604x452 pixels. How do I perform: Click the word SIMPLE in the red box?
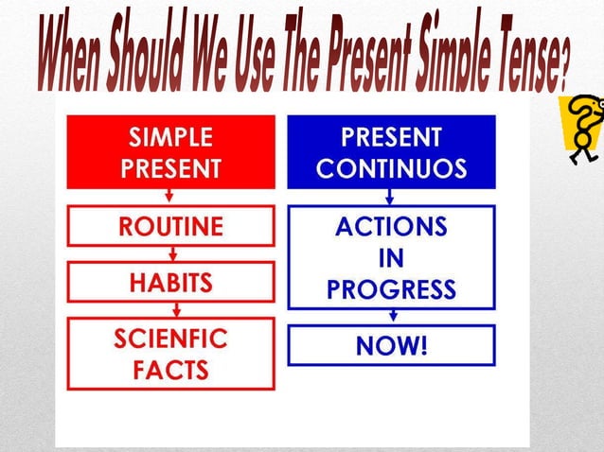click(x=170, y=137)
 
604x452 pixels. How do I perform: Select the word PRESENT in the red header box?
click(x=170, y=168)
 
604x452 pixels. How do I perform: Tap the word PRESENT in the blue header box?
click(x=391, y=137)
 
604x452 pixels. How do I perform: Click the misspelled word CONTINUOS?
click(x=391, y=168)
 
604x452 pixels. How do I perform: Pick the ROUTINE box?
click(x=170, y=227)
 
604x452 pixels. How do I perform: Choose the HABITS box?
click(x=170, y=282)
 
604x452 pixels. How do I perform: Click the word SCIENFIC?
click(x=170, y=338)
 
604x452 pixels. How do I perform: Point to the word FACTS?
click(x=170, y=369)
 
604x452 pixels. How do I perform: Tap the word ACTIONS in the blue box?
click(x=391, y=227)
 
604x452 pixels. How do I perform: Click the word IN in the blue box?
click(x=391, y=257)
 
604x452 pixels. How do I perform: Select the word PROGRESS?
click(x=391, y=288)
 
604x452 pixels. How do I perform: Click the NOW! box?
click(x=391, y=345)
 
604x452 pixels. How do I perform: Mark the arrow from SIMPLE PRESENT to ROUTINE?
click(x=170, y=197)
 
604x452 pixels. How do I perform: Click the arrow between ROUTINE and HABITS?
click(x=170, y=253)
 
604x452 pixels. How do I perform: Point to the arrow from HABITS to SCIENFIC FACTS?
click(x=170, y=309)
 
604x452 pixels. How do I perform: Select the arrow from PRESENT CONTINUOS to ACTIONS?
click(x=390, y=197)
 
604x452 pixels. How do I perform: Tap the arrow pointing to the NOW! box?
click(x=390, y=317)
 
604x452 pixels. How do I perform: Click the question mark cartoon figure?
click(x=579, y=128)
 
